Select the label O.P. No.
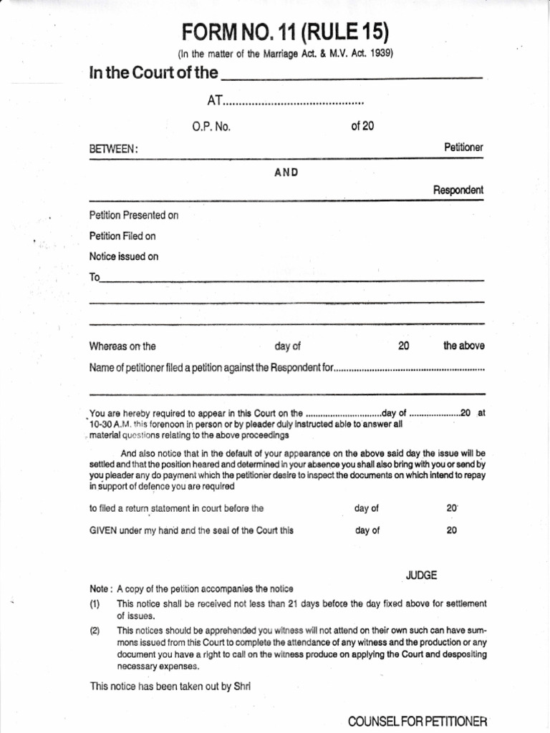pos(211,127)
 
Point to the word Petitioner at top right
pos(463,147)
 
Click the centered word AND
pos(286,173)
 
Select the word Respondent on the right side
pos(458,190)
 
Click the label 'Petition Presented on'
pos(133,215)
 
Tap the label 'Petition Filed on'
pos(122,236)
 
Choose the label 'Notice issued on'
pos(123,256)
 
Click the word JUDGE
pos(421,575)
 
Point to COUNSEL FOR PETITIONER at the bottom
pos(418,721)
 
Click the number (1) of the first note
pos(94,603)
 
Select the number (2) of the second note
pos(94,631)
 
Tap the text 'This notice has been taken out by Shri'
pos(170,686)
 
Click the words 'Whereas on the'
pos(122,346)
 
